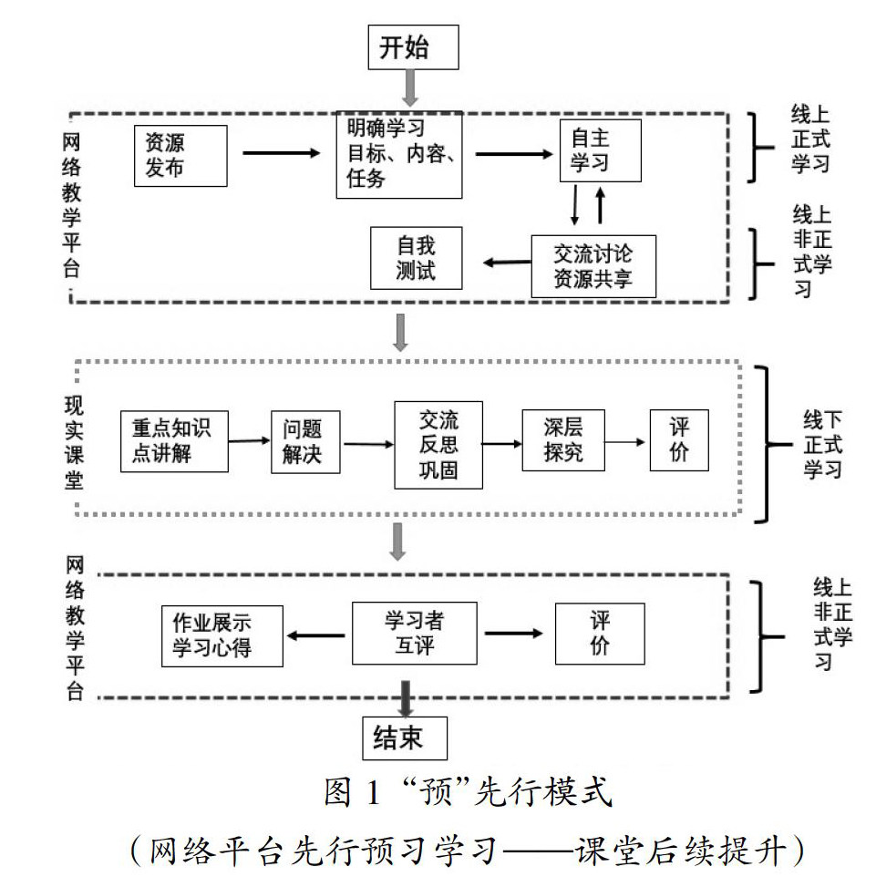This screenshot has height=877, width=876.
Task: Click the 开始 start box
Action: click(410, 46)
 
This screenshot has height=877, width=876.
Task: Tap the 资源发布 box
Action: click(180, 155)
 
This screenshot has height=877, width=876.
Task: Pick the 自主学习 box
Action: click(600, 150)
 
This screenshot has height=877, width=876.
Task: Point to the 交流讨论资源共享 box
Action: click(593, 266)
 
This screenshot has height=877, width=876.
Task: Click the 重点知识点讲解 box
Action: click(174, 441)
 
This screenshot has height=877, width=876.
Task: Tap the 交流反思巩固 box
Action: click(438, 445)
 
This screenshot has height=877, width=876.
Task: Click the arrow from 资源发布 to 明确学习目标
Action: click(283, 154)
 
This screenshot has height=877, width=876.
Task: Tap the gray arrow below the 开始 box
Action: click(410, 89)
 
